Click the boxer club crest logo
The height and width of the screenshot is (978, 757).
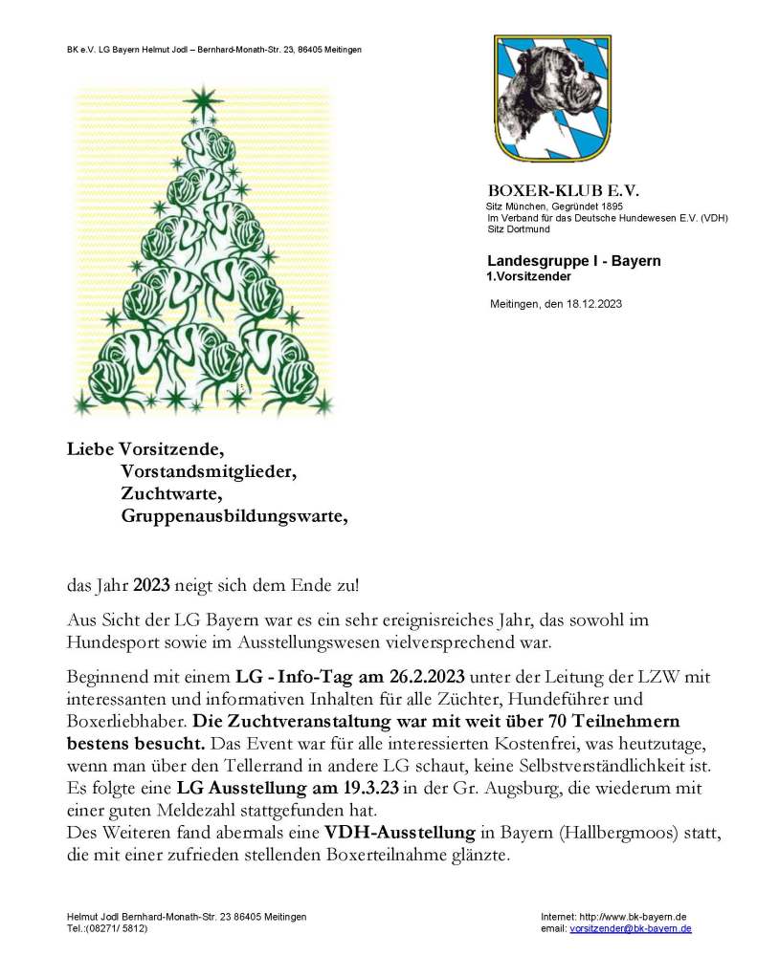tap(552, 98)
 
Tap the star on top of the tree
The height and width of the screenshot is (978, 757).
tap(202, 99)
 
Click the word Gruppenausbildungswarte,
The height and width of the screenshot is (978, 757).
tap(234, 516)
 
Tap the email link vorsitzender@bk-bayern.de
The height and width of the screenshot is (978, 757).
tap(631, 928)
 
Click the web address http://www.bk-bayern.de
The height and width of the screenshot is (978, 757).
tap(645, 916)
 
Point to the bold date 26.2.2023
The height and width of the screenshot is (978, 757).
tap(420, 678)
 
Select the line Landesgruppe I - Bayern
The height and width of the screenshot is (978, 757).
tap(573, 260)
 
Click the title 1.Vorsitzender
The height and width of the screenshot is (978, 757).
tap(529, 276)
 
